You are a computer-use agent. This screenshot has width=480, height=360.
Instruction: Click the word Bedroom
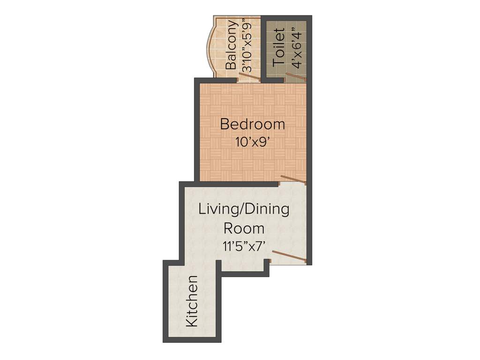point(252,125)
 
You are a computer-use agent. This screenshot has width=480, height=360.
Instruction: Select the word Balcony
point(231,45)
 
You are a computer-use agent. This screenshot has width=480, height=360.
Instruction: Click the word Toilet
point(279,47)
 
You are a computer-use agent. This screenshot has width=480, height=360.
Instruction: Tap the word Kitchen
point(192,301)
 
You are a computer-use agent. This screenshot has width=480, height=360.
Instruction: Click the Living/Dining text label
point(244,209)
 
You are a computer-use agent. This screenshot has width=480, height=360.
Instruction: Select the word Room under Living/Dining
point(244,229)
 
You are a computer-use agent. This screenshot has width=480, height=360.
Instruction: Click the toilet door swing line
point(296,78)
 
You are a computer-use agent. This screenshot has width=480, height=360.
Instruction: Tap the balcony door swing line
point(249,76)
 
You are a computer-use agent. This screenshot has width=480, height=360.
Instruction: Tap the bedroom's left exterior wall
point(197,131)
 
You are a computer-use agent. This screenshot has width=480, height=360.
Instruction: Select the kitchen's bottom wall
point(192,339)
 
